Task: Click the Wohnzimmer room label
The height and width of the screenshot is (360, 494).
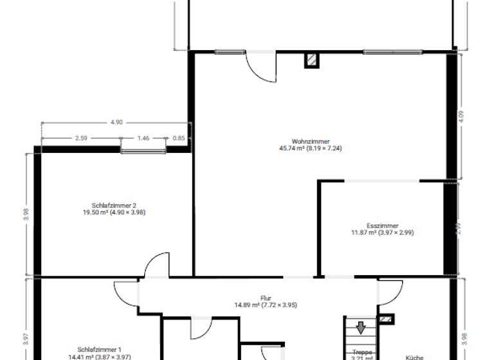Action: (x=311, y=141)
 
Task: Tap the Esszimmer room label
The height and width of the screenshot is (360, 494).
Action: (x=382, y=226)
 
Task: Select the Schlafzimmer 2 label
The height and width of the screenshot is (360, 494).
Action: (x=113, y=204)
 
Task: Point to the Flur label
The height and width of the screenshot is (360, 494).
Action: (x=266, y=298)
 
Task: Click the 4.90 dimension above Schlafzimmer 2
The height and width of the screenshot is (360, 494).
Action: (x=116, y=122)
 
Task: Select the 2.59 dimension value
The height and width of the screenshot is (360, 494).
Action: (x=81, y=138)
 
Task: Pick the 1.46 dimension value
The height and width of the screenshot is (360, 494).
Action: (x=143, y=138)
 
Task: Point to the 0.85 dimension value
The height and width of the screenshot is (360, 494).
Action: (x=179, y=138)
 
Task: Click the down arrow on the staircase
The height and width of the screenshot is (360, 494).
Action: (x=361, y=328)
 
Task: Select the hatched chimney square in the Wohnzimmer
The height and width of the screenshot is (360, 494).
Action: (x=312, y=60)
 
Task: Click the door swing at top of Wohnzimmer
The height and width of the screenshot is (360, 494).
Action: (x=262, y=66)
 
